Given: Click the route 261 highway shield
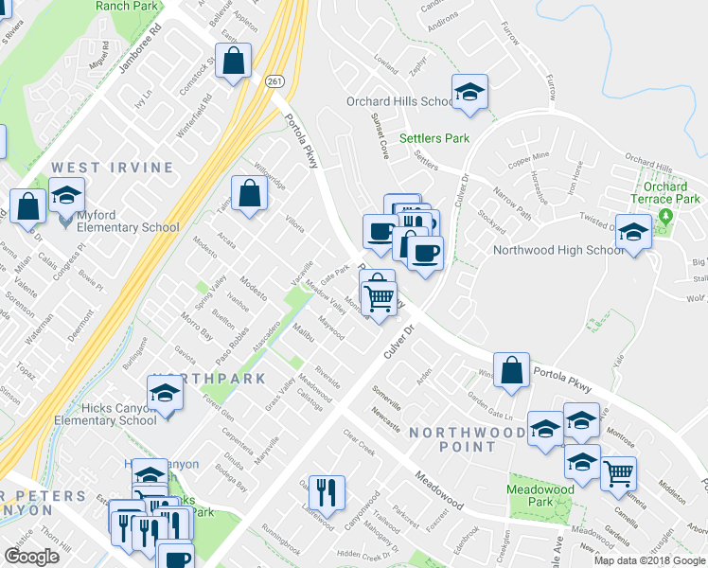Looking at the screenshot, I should pyautogui.click(x=274, y=82).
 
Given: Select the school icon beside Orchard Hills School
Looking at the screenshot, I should pyautogui.click(x=469, y=92).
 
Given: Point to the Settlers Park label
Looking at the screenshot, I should pyautogui.click(x=434, y=138).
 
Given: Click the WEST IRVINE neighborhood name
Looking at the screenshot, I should pyautogui.click(x=113, y=168).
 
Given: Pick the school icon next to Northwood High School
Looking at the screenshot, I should pyautogui.click(x=632, y=231).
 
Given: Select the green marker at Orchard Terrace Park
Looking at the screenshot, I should pyautogui.click(x=665, y=217).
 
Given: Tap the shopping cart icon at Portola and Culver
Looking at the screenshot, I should pyautogui.click(x=380, y=297).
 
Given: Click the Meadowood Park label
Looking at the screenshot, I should pyautogui.click(x=540, y=496).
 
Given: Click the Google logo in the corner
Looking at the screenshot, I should pyautogui.click(x=31, y=557).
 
